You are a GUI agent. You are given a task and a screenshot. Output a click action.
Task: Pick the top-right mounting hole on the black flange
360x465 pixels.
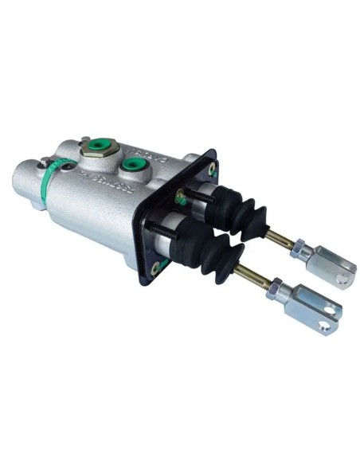(212, 168)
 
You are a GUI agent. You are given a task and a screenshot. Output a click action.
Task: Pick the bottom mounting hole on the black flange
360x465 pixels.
(156, 267)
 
